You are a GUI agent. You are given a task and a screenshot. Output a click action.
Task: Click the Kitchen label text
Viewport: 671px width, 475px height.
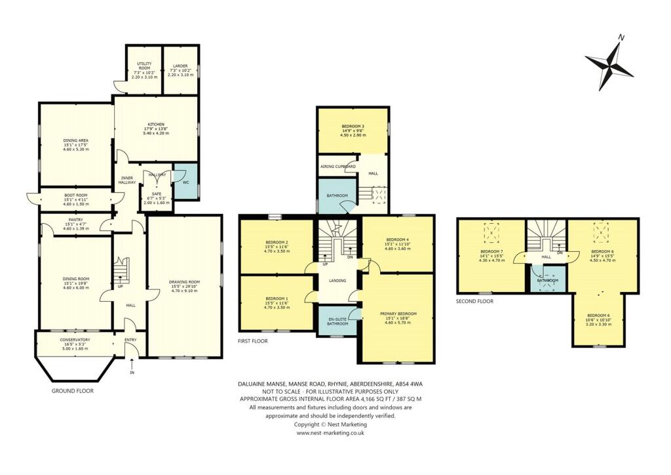point(155,125)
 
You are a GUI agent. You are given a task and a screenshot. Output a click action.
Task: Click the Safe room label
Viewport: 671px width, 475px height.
point(156,194)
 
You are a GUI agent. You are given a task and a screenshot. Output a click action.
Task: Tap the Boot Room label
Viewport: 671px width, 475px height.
point(75,195)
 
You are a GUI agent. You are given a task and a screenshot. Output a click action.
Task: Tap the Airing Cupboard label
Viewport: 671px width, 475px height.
point(338,167)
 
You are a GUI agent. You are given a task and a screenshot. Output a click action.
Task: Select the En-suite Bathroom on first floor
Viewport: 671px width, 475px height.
point(337,321)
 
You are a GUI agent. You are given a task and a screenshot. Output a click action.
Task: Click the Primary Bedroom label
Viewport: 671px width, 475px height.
point(398,314)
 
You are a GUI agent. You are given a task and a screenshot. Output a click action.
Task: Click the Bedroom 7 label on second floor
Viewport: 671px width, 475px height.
point(491,252)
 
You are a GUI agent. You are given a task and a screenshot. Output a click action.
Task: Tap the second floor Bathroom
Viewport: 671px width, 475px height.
point(548,281)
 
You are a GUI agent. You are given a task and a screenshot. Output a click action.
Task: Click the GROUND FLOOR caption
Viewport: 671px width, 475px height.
point(72,391)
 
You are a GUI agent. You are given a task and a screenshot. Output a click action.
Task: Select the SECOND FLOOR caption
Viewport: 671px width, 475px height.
point(475,301)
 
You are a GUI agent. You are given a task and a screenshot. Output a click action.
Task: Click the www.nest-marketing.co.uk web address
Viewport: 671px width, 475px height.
point(330,433)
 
